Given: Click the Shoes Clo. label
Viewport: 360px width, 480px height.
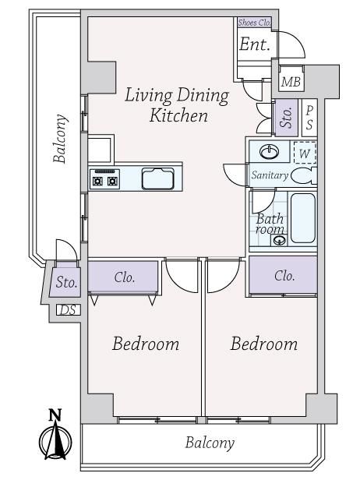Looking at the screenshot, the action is pyautogui.click(x=254, y=23).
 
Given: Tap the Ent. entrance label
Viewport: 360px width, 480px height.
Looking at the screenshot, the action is pyautogui.click(x=255, y=44).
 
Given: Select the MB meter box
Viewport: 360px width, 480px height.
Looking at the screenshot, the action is pyautogui.click(x=291, y=81).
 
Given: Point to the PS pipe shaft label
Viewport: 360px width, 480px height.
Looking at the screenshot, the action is pyautogui.click(x=309, y=118).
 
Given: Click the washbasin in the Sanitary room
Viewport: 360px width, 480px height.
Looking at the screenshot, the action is pyautogui.click(x=269, y=151).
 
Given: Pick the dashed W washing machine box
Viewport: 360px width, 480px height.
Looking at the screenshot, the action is pyautogui.click(x=305, y=153).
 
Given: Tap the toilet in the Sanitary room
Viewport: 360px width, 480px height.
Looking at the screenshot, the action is pyautogui.click(x=304, y=176).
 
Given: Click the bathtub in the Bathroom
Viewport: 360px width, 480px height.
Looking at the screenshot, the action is pyautogui.click(x=303, y=218).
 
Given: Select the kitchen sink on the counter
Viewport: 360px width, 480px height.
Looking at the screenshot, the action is pyautogui.click(x=157, y=178).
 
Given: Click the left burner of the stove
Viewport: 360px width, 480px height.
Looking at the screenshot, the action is pyautogui.click(x=97, y=182).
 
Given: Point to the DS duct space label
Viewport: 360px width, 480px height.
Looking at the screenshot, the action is pyautogui.click(x=69, y=310).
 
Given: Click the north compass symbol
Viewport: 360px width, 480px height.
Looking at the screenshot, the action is pyautogui.click(x=56, y=441).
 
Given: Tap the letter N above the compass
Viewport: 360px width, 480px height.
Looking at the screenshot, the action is pyautogui.click(x=55, y=415).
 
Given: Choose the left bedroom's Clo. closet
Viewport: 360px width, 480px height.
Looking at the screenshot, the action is pyautogui.click(x=123, y=277).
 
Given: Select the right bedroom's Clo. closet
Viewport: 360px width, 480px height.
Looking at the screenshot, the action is pyautogui.click(x=283, y=275).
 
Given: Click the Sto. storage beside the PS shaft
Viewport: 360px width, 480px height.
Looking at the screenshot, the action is pyautogui.click(x=286, y=118).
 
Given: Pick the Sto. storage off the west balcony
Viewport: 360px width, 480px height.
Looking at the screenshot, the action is pyautogui.click(x=65, y=282).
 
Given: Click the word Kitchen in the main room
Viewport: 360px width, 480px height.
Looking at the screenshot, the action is pyautogui.click(x=178, y=115).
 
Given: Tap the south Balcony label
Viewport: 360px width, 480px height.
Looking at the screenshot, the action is pyautogui.click(x=210, y=443).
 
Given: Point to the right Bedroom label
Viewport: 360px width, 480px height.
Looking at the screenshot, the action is pyautogui.click(x=264, y=344).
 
